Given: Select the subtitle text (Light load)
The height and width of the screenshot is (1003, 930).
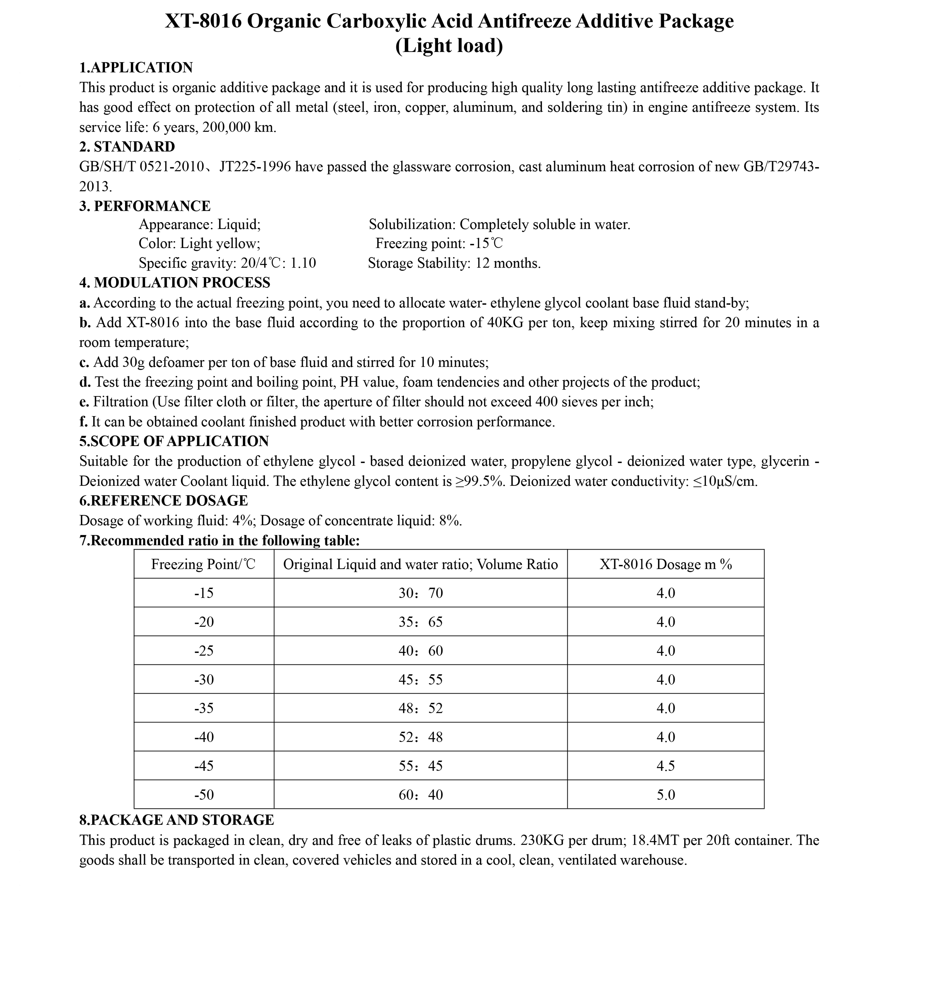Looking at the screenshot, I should coord(449,46).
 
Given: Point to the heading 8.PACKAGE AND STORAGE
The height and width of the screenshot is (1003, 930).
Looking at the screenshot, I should coord(177,820).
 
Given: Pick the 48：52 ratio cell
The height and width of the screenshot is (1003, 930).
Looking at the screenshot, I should coord(421,709).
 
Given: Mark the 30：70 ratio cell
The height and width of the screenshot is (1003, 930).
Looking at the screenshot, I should coord(421,593).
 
